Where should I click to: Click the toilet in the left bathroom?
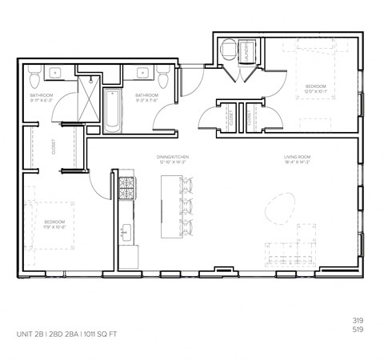33,78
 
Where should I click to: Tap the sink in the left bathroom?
58,74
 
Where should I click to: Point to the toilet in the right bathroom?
164,78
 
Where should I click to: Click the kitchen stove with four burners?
126,189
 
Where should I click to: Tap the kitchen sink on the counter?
126,234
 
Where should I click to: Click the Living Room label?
297,158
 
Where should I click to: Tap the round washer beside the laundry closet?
227,49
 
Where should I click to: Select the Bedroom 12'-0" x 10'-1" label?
315,87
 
